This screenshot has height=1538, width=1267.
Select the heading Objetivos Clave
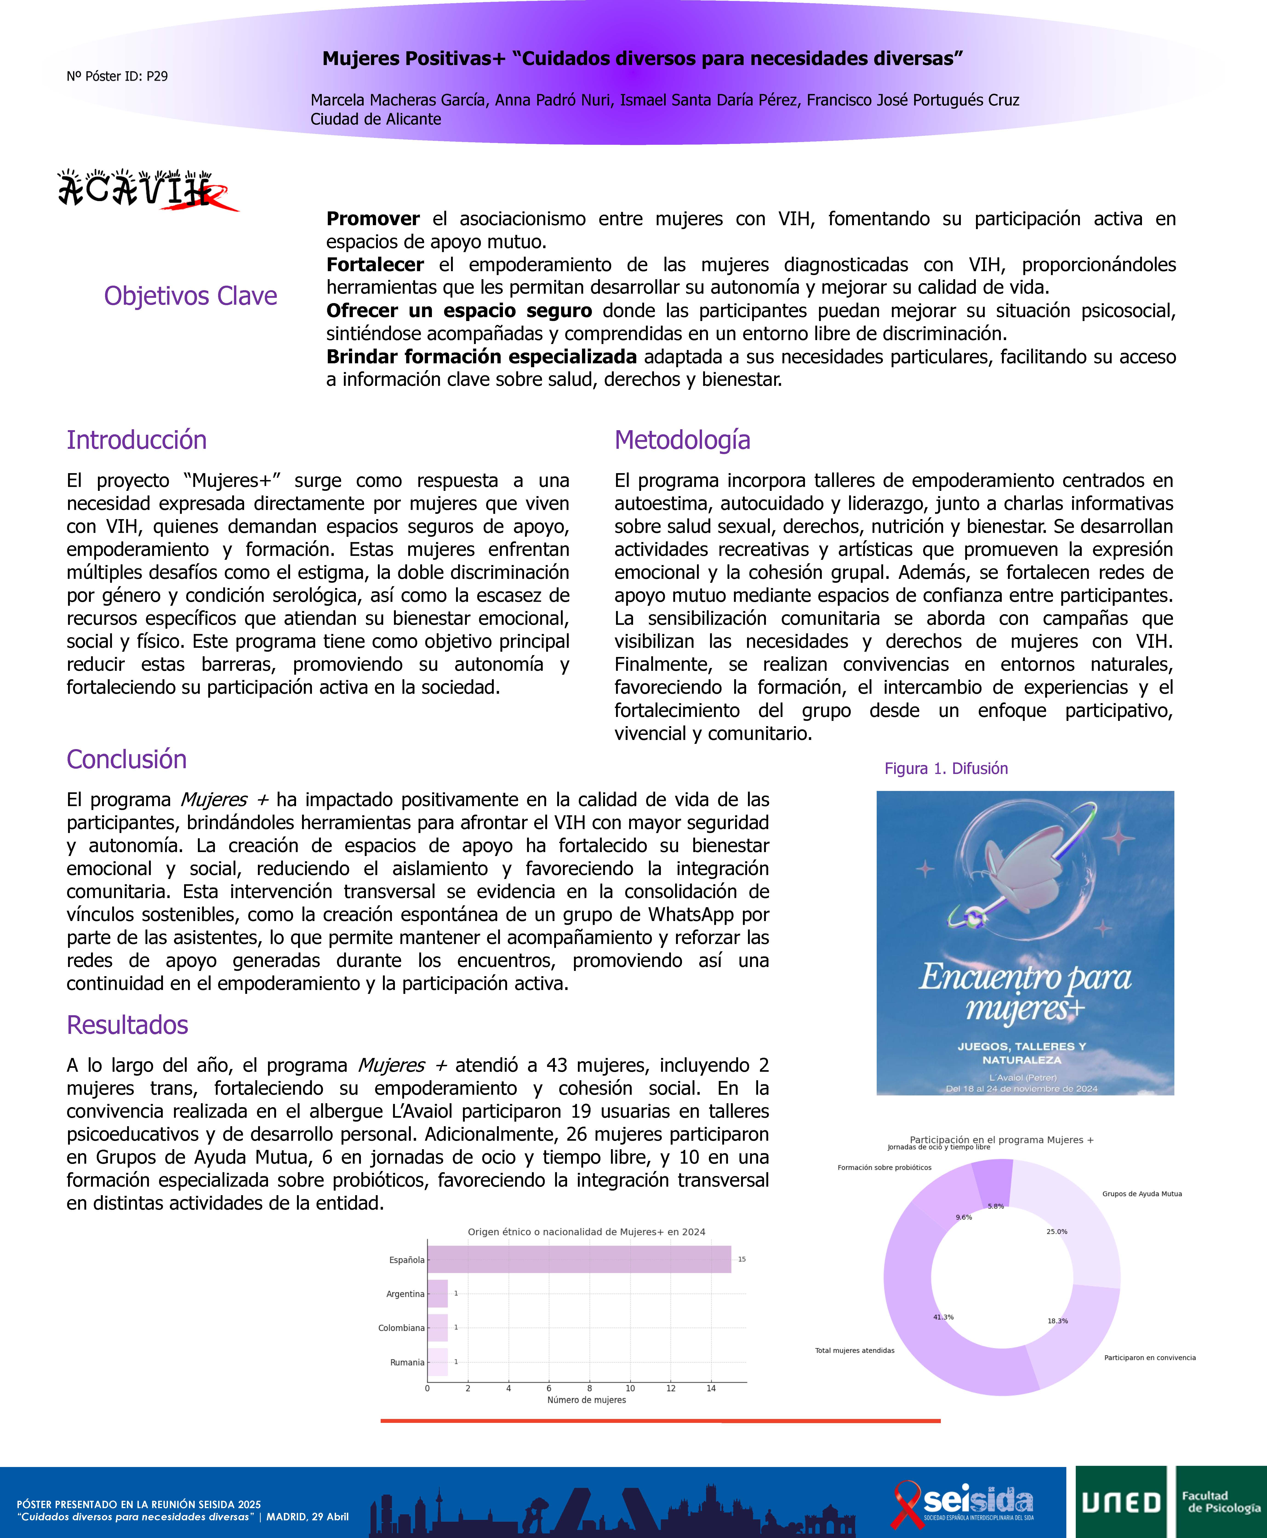pyautogui.click(x=191, y=296)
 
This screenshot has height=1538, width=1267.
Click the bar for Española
pyautogui.click(x=579, y=1259)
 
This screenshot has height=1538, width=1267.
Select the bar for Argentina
pyautogui.click(x=437, y=1294)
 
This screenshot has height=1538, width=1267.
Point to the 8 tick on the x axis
pyautogui.click(x=590, y=1388)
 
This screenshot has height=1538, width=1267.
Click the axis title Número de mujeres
pyautogui.click(x=586, y=1400)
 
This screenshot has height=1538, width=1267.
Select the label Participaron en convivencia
pyautogui.click(x=1150, y=1358)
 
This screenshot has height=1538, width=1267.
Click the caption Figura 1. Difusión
pyautogui.click(x=946, y=768)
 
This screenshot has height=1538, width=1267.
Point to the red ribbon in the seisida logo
pyautogui.click(x=907, y=1503)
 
